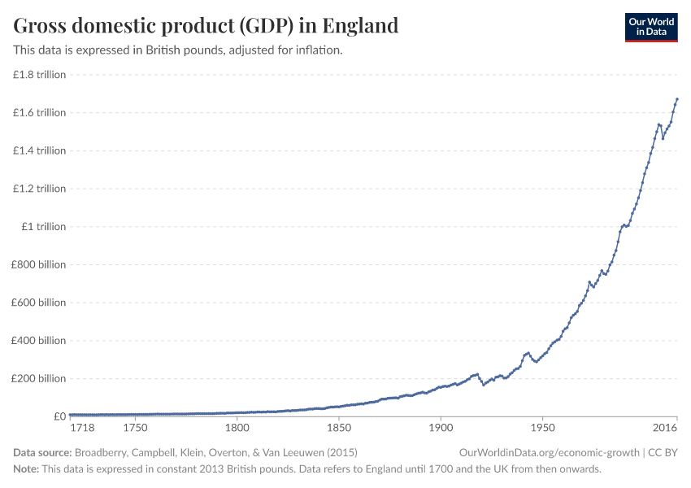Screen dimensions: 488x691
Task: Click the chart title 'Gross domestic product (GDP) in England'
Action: coord(206,25)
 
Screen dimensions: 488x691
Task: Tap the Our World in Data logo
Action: coord(651,27)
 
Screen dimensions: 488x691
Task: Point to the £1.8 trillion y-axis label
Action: coord(39,75)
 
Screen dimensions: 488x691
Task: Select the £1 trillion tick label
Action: coord(43,227)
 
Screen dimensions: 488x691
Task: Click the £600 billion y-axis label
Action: coord(40,303)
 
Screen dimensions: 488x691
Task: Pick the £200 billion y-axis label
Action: coord(40,378)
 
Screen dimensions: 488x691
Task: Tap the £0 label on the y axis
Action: coord(59,416)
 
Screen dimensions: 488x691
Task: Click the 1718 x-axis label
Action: coord(82,428)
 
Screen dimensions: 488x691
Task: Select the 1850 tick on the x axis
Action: coord(338,428)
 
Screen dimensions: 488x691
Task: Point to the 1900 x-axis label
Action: coord(440,428)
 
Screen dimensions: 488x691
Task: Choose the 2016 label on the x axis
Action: coord(665,428)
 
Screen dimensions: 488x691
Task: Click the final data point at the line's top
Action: coord(677,99)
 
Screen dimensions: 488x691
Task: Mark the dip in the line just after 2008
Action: coord(663,138)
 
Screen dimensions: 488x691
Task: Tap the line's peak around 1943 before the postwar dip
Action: coord(528,353)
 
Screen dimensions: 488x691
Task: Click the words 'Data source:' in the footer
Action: coord(42,452)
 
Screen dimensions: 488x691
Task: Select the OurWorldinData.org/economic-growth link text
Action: coord(550,452)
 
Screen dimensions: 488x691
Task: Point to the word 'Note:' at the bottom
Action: coord(27,469)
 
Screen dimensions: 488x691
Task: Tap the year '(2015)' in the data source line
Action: coord(341,452)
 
